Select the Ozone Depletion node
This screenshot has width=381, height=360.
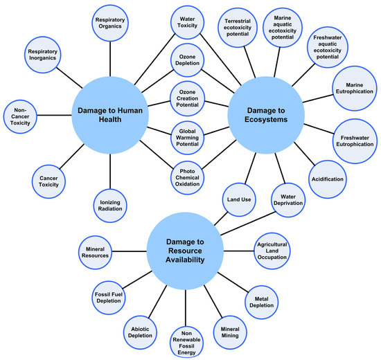[187, 61]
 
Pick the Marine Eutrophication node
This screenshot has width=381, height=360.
[355, 88]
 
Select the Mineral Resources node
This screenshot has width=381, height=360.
[96, 252]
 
